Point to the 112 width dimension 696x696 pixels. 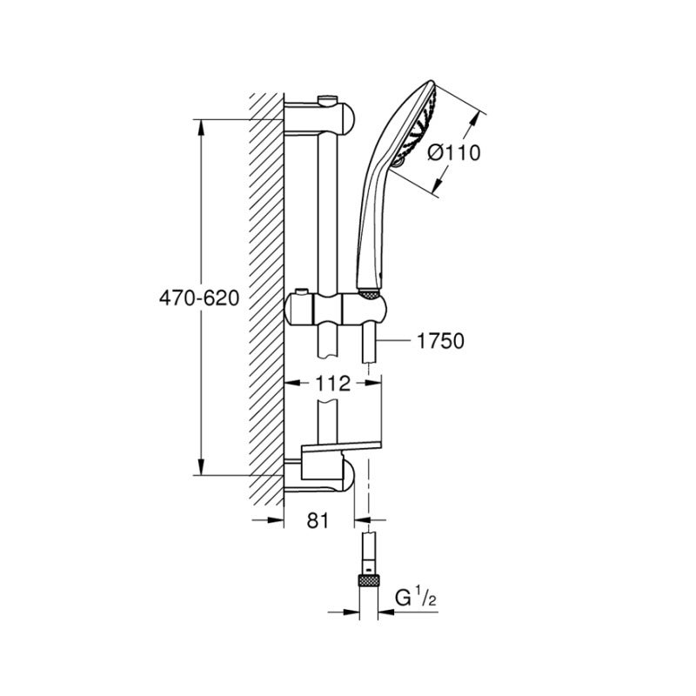(332, 384)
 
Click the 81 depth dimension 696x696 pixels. (319, 521)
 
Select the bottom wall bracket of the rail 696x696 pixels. (322, 477)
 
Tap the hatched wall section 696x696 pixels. (265, 296)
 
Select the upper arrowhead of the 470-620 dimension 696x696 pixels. (202, 125)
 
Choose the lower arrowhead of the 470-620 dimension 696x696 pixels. (202, 469)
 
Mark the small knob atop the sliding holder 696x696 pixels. (302, 290)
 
